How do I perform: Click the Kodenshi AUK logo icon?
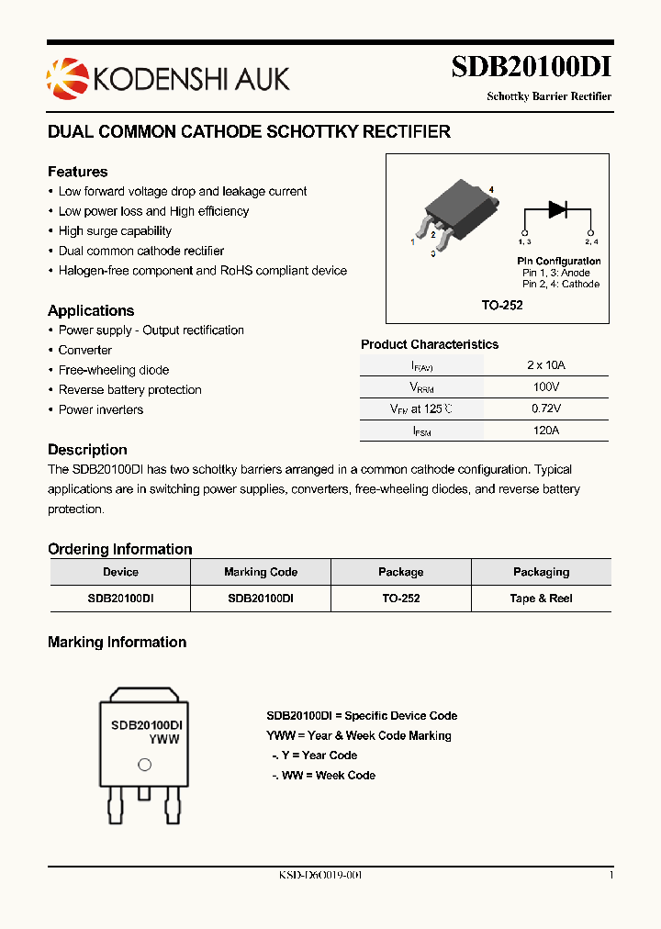pos(63,76)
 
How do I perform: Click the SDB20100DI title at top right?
pos(531,67)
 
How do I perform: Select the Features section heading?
pos(77,172)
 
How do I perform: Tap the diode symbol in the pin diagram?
pos(557,209)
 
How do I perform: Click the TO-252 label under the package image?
pos(502,305)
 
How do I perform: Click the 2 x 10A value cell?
pos(545,364)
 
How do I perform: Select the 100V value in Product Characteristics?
pos(545,386)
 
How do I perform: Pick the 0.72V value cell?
pos(545,409)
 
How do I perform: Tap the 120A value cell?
pos(545,431)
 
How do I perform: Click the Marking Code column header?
pos(261,572)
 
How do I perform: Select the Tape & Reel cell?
pos(541,599)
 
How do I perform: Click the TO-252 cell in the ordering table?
pos(400,599)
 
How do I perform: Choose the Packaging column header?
pos(541,572)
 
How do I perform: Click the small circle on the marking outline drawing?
pos(144,765)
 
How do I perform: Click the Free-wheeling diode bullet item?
pos(114,370)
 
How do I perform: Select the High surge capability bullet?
pos(115,231)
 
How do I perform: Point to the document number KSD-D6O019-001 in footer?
pos(320,876)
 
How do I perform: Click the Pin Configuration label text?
pos(558,262)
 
